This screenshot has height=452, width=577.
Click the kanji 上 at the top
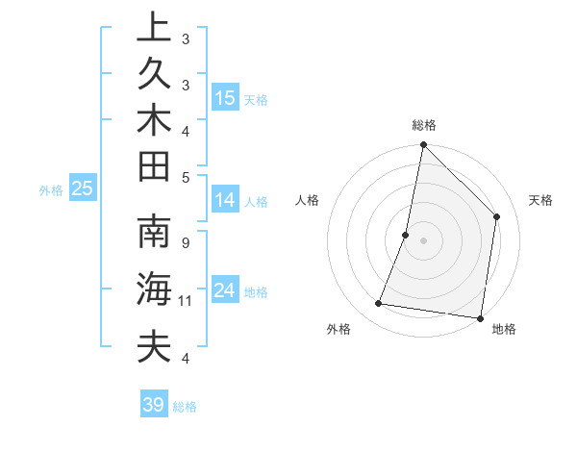152,27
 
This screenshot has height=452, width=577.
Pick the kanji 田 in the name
152,167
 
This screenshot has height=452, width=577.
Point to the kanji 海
152,289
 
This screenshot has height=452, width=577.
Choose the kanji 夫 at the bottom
152,345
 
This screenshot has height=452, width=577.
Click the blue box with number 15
225,97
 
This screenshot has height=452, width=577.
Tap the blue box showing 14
225,200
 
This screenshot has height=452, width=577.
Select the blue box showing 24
225,290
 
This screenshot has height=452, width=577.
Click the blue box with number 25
83,188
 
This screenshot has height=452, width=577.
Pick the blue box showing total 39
154,405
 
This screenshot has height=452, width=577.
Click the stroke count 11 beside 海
185,301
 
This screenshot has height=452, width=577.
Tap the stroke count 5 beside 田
185,177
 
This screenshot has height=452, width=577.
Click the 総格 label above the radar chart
424,125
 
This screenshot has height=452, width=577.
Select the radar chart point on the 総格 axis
424,145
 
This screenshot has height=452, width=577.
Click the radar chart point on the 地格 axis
480,317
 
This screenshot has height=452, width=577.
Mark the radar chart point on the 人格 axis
406,235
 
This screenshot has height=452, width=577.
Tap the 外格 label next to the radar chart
339,329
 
